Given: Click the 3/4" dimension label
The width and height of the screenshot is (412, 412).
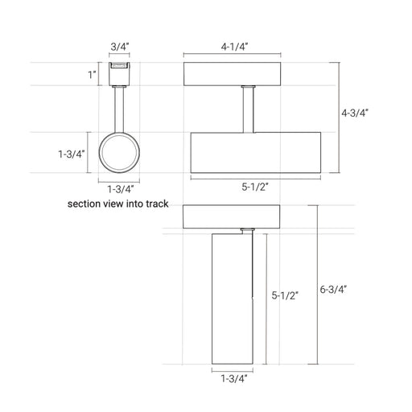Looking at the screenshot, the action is click(120, 47).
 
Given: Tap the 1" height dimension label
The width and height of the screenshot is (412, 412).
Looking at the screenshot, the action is click(93, 75).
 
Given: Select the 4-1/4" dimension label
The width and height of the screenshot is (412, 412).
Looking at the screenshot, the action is click(234, 47).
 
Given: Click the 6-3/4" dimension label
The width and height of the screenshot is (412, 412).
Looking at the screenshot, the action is click(333, 290).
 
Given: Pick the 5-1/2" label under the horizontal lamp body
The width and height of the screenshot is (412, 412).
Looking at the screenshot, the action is click(255, 187).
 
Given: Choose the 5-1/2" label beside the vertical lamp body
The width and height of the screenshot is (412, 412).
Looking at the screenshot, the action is click(285, 295).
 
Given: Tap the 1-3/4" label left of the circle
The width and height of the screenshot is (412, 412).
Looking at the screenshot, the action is click(72, 154).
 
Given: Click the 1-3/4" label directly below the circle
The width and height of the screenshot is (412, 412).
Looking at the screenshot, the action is click(121, 189).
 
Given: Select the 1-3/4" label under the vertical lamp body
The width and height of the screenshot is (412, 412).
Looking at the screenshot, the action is click(234, 378).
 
